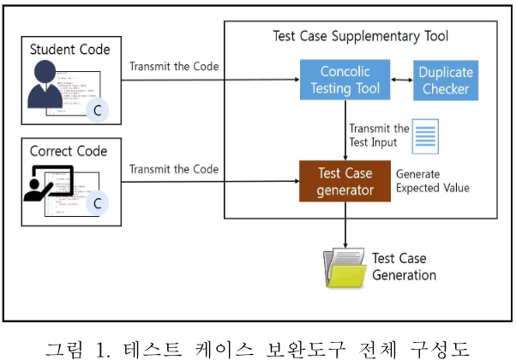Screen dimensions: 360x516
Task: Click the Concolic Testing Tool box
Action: [x=345, y=80]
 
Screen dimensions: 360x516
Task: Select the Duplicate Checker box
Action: [x=445, y=80]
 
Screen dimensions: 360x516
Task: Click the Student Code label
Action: [x=70, y=49]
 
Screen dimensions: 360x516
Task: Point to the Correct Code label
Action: [x=69, y=151]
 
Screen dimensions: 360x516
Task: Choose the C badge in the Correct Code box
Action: [x=99, y=203]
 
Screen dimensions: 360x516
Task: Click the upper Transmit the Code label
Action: [x=174, y=67]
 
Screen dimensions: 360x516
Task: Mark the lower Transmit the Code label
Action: [x=174, y=169]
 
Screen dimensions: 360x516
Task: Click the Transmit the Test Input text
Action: [x=379, y=135]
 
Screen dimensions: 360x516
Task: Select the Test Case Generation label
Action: [x=404, y=267]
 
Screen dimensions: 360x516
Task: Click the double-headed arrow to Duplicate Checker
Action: [x=402, y=80]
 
